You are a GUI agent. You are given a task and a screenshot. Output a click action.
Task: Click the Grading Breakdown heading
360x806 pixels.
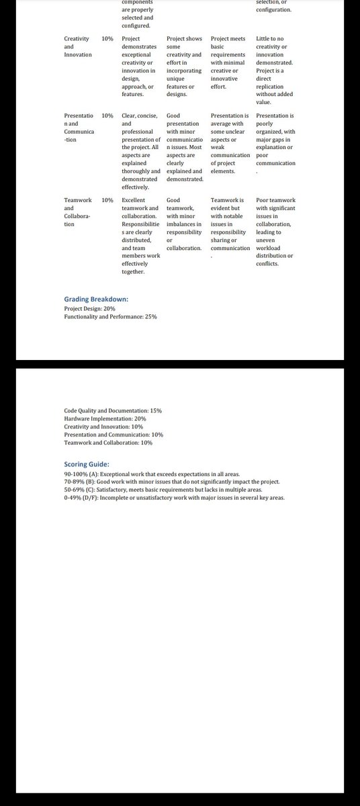click(96, 299)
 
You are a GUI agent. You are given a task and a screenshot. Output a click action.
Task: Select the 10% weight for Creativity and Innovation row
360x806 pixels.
click(107, 39)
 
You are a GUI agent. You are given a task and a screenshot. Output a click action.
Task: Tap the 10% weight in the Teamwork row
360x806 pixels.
click(107, 200)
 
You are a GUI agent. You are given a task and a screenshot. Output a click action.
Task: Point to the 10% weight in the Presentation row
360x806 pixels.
click(107, 116)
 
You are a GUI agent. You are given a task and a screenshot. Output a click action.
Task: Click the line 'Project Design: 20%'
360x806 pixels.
click(89, 308)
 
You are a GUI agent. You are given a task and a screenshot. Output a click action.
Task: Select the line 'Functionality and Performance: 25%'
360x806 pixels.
click(110, 316)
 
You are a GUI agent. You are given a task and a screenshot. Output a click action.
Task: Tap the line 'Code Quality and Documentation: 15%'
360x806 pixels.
click(113, 410)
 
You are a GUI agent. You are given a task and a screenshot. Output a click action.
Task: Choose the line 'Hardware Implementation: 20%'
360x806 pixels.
click(100, 418)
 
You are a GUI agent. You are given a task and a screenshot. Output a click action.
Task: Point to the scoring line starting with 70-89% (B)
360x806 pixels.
click(172, 482)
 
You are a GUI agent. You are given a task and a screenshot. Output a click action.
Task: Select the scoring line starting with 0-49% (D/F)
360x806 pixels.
click(174, 498)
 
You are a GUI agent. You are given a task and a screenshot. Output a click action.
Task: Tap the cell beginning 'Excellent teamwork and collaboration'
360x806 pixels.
click(140, 236)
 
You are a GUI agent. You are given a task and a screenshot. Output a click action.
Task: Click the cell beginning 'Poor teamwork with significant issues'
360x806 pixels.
click(275, 232)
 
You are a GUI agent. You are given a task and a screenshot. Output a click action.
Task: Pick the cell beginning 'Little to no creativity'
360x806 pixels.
click(275, 71)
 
